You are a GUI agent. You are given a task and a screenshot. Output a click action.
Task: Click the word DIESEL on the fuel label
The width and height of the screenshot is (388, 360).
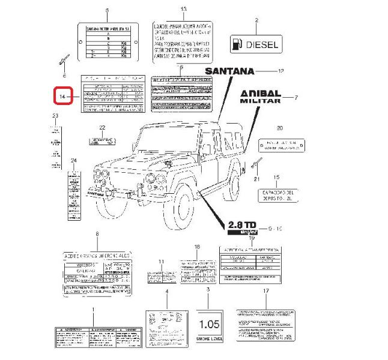(262, 44)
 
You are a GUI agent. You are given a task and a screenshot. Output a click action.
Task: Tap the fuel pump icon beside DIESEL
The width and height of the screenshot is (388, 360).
(238, 44)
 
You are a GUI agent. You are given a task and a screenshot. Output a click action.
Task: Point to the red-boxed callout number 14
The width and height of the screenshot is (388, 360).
(62, 96)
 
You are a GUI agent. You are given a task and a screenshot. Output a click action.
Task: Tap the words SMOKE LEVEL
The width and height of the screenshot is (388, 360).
(210, 339)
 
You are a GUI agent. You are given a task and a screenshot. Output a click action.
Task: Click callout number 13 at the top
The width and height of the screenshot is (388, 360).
(184, 8)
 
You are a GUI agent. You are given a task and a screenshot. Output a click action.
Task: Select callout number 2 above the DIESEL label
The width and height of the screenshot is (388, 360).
(256, 20)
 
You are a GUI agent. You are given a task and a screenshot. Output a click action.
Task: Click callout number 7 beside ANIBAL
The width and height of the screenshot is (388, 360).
(296, 97)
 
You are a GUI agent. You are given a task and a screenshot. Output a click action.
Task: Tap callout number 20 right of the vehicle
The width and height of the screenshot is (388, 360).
(279, 128)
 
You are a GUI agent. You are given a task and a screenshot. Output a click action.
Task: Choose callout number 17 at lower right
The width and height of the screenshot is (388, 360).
(265, 291)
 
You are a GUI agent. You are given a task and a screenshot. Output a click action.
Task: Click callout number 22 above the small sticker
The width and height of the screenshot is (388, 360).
(102, 127)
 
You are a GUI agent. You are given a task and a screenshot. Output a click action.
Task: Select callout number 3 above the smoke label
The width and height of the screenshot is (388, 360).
(208, 290)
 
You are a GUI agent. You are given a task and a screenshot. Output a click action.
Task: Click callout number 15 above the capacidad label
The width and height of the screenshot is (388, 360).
(276, 177)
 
